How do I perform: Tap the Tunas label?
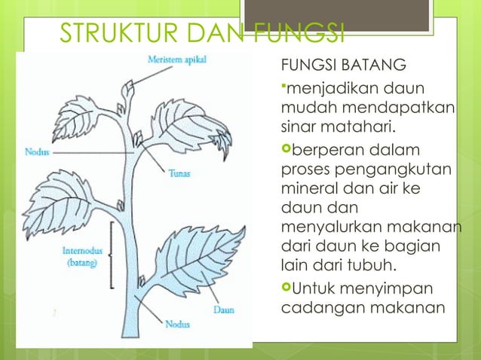tap(179, 172)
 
